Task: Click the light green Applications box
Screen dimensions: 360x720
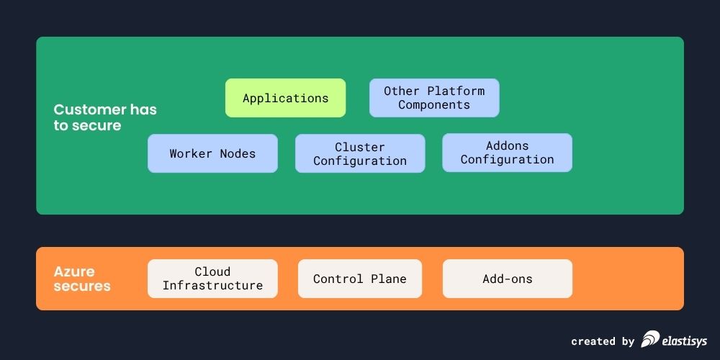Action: pyautogui.click(x=285, y=98)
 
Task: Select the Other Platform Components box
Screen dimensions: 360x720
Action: pyautogui.click(x=434, y=98)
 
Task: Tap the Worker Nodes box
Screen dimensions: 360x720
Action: pyautogui.click(x=212, y=153)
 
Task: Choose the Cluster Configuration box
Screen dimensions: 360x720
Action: pyautogui.click(x=360, y=153)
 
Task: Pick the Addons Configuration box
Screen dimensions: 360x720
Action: pyautogui.click(x=507, y=153)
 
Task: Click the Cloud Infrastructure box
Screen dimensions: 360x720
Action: pyautogui.click(x=212, y=279)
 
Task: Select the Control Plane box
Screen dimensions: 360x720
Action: pyautogui.click(x=360, y=279)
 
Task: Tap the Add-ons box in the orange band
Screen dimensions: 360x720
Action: pyautogui.click(x=507, y=279)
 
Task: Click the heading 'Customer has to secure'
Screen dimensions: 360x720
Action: pyautogui.click(x=104, y=117)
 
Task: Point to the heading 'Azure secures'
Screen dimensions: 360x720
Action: pyautogui.click(x=82, y=279)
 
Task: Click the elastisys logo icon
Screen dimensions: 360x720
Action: pyautogui.click(x=650, y=339)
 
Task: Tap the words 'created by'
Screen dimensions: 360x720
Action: pyautogui.click(x=603, y=341)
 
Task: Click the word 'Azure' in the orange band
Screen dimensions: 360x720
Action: pyautogui.click(x=74, y=271)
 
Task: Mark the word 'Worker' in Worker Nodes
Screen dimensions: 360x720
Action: pyautogui.click(x=191, y=153)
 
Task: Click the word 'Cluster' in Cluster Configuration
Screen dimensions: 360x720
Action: pyautogui.click(x=360, y=147)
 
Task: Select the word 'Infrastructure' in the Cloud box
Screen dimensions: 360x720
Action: pyautogui.click(x=212, y=286)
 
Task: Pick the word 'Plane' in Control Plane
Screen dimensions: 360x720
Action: pyautogui.click(x=389, y=279)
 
